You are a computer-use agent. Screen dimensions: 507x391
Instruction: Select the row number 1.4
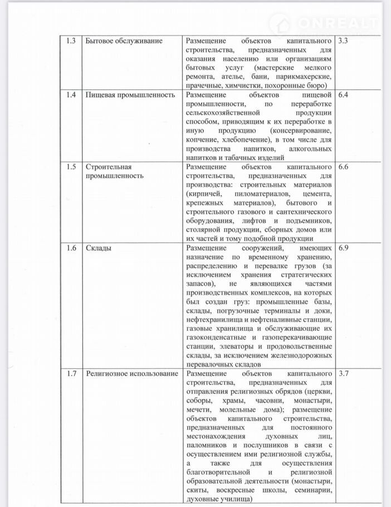click(x=71, y=94)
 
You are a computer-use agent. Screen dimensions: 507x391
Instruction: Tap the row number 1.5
click(x=71, y=167)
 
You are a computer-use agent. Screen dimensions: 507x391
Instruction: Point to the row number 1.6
click(x=71, y=248)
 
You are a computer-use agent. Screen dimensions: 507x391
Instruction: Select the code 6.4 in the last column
click(x=343, y=94)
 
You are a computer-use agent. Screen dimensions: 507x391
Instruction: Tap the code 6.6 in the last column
click(x=343, y=167)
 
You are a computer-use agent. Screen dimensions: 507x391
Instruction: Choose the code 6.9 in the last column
click(x=343, y=248)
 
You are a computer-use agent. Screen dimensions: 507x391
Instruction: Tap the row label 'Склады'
click(x=98, y=248)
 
